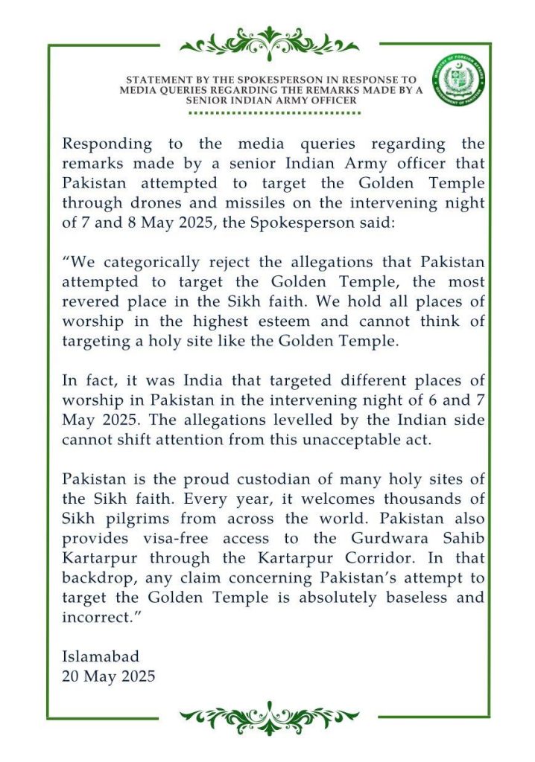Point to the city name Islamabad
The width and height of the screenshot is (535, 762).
[x=101, y=657]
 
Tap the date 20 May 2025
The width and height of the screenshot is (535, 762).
[x=109, y=676]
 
